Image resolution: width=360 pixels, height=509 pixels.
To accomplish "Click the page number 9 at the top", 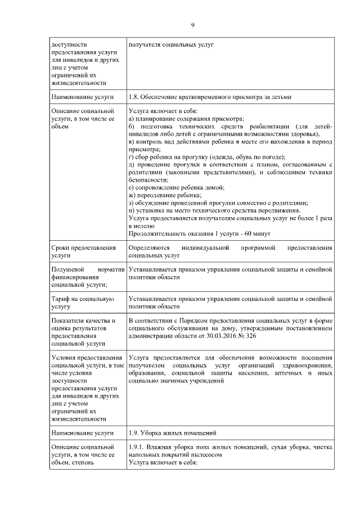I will point(192,25).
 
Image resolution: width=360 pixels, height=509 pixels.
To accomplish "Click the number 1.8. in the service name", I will point(134,97).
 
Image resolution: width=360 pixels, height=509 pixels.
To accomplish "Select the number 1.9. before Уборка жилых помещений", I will point(134,433).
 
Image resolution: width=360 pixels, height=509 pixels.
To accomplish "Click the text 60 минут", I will point(258,233).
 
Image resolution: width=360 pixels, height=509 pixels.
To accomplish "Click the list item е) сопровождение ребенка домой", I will point(177,187).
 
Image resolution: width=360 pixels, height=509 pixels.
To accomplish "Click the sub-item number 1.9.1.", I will point(137,448).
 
